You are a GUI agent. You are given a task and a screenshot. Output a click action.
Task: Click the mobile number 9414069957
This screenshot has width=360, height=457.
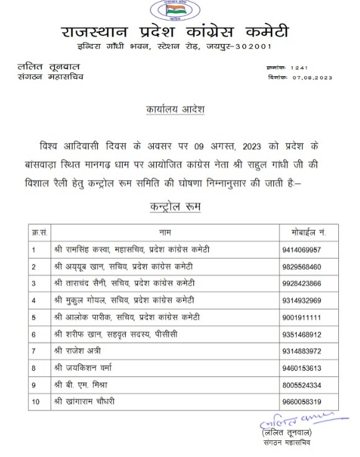tap(302, 250)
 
